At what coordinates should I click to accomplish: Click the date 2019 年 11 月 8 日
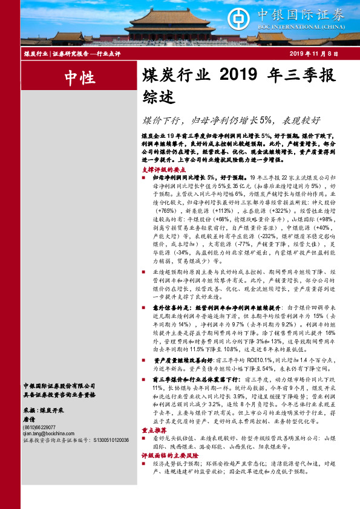click(313, 54)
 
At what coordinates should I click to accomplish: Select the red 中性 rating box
click(79, 77)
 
